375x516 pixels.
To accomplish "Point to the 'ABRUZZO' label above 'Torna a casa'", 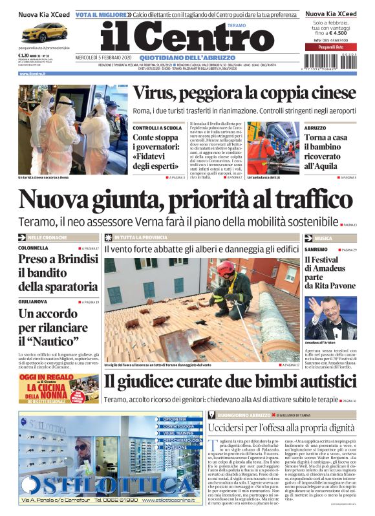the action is point(316,128).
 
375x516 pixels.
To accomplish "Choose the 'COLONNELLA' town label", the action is point(33,248).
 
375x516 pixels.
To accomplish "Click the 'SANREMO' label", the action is point(316,249).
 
